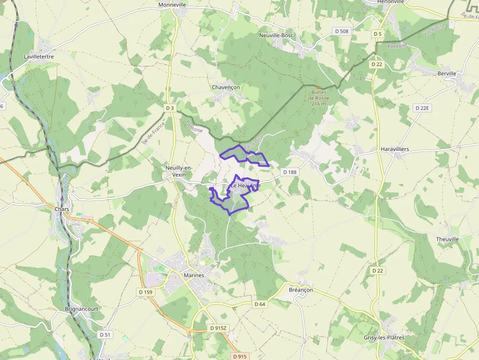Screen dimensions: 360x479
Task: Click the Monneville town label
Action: point(173,5)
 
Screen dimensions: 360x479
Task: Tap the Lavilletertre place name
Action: point(39,57)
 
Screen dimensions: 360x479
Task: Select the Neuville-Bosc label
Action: point(276,36)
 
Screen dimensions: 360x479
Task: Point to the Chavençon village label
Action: point(226,87)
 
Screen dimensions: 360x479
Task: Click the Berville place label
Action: point(447,74)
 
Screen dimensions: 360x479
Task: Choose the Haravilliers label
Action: point(394,149)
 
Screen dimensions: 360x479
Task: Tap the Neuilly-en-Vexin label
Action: point(179,171)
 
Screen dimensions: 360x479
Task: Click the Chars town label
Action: point(62,210)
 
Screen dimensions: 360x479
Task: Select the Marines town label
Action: point(194,275)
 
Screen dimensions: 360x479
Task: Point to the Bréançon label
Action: point(301,290)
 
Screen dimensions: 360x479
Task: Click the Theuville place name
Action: point(448,239)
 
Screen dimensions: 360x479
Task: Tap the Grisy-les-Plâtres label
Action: point(384,338)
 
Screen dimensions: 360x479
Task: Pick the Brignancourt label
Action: point(82,309)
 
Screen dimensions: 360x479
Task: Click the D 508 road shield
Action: point(342,31)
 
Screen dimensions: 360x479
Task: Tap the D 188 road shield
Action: point(290,172)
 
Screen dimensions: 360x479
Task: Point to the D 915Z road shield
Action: point(218,328)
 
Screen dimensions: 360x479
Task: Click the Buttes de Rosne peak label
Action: point(319,98)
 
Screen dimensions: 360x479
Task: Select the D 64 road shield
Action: point(260,304)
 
